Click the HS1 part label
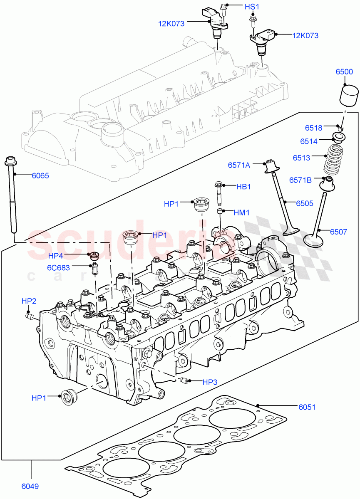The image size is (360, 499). [251, 7]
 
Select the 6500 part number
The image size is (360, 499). [344, 72]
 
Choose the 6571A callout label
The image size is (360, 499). [239, 165]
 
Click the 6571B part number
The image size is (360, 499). [300, 180]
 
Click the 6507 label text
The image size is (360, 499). [338, 232]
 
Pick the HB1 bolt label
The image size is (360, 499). [243, 187]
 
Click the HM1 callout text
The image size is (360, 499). [241, 212]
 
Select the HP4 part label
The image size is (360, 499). [56, 255]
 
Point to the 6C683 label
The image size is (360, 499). [58, 267]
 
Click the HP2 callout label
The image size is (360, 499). [29, 301]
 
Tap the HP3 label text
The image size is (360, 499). [210, 381]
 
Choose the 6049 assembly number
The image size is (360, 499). [30, 486]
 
